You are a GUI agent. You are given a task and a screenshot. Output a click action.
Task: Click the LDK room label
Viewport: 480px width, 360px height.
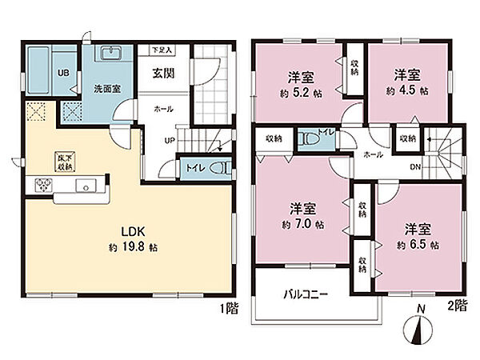pos(134,232)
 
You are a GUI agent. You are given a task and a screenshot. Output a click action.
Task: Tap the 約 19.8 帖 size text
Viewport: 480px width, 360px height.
pos(134,247)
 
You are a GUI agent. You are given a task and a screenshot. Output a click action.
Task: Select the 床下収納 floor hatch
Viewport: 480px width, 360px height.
pos(65,162)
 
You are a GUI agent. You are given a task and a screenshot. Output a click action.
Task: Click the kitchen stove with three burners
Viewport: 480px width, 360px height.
pos(44,185)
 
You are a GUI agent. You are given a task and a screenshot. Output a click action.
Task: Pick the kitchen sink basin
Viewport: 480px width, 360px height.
pos(86,186)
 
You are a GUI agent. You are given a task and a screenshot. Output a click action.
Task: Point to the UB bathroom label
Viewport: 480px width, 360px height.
pos(63,73)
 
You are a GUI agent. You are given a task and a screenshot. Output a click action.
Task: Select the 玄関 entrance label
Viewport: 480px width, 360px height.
pos(164,73)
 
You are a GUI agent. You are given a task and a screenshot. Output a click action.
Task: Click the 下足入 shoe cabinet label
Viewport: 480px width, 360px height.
pos(162,50)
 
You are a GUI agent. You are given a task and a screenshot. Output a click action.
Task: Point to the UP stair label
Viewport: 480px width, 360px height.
pos(170,141)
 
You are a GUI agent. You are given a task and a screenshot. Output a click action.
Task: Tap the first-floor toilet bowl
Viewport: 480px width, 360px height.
pos(219,168)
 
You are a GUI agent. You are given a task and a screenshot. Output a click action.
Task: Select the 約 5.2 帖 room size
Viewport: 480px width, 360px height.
pos(301,93)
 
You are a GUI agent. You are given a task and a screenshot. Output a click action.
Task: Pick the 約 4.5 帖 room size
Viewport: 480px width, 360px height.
pos(407,90)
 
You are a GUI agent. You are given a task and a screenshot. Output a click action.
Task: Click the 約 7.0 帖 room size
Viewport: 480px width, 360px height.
pos(303,224)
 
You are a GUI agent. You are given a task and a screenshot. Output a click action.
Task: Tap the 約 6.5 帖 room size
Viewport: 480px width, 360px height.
pos(418,245)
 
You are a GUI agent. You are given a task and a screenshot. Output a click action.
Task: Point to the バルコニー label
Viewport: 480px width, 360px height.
pos(306,294)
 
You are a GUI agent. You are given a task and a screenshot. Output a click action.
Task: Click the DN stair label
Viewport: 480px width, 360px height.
pos(415,167)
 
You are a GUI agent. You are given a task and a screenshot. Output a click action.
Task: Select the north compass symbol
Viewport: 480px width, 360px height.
pos(418,327)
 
